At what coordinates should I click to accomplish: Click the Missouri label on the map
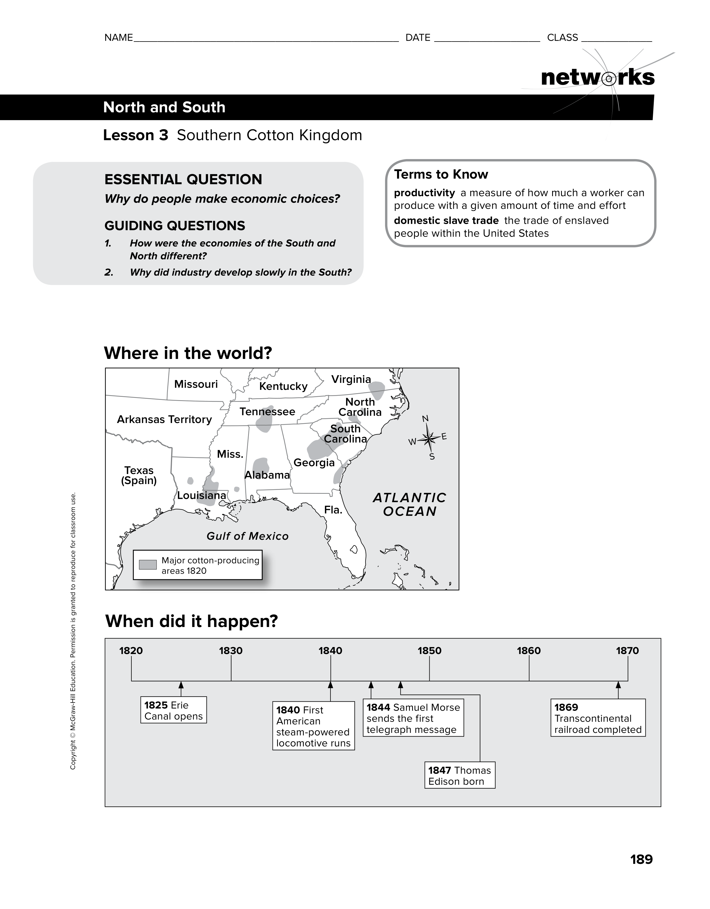196,384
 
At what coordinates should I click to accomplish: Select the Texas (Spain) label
139,476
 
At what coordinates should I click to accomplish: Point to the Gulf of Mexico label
248,536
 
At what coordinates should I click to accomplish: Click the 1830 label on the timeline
231,650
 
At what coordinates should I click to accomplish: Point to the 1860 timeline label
529,650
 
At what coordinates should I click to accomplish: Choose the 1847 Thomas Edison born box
460,776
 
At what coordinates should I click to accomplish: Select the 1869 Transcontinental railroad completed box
598,718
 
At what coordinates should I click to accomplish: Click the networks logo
598,78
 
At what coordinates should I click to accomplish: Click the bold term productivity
424,193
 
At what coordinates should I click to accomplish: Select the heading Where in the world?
188,353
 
